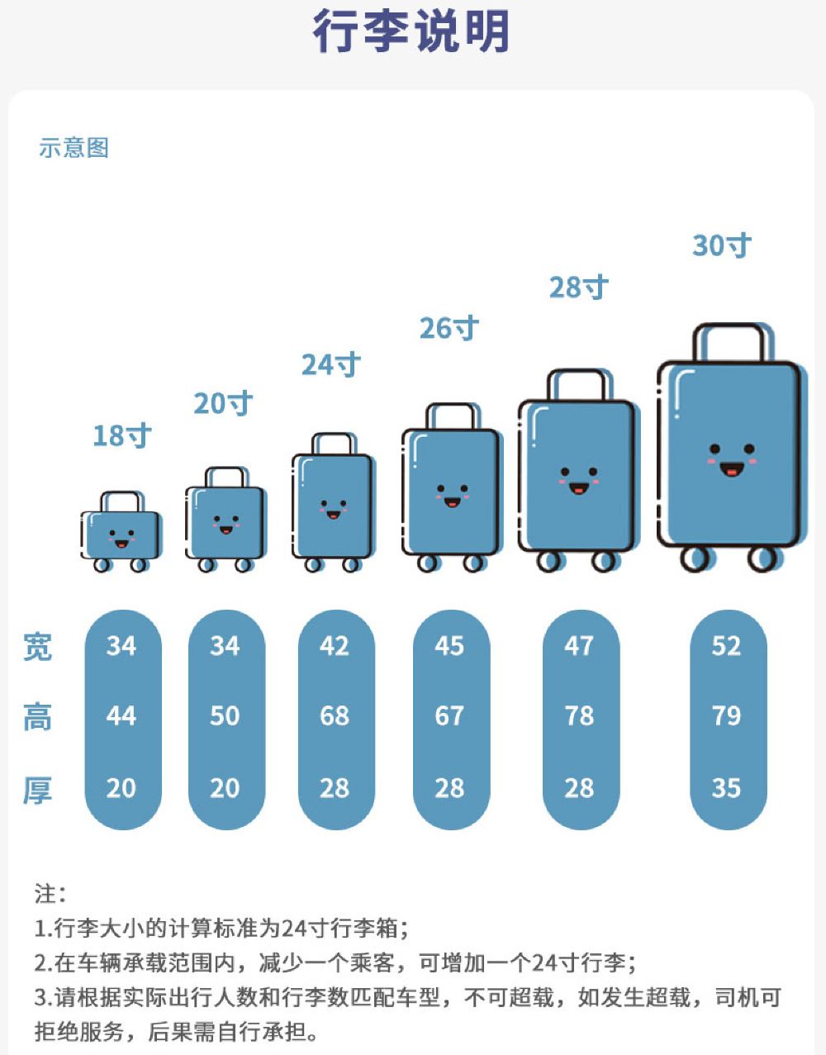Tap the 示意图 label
pos(74,148)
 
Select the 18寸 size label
pos(121,435)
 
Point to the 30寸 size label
pos(722,245)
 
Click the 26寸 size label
pos(449,328)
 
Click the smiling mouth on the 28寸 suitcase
pos(579,488)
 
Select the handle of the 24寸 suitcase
pos(334,443)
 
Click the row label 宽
pos(37,647)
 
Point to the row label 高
pos(37,717)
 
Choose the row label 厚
pos(37,790)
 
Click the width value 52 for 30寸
pos(726,646)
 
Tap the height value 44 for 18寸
pos(121,715)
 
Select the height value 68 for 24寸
pos(335,715)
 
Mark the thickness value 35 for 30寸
pos(726,788)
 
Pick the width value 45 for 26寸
pos(449,646)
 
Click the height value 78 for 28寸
pos(579,715)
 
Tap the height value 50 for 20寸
pos(225,715)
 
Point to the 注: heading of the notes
pos(50,893)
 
